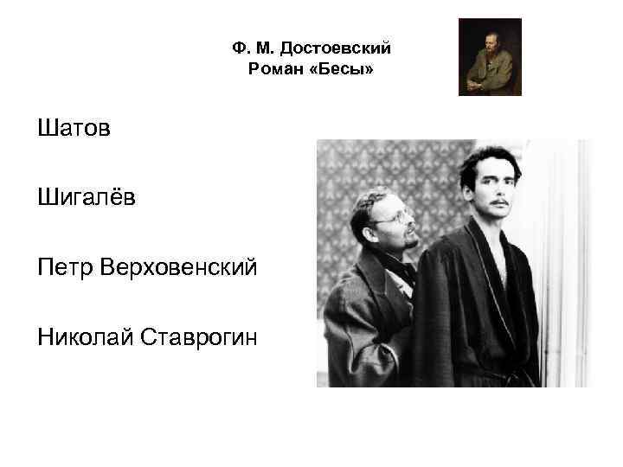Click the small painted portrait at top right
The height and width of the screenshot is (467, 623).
point(490,56)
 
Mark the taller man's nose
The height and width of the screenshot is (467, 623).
point(501,189)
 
